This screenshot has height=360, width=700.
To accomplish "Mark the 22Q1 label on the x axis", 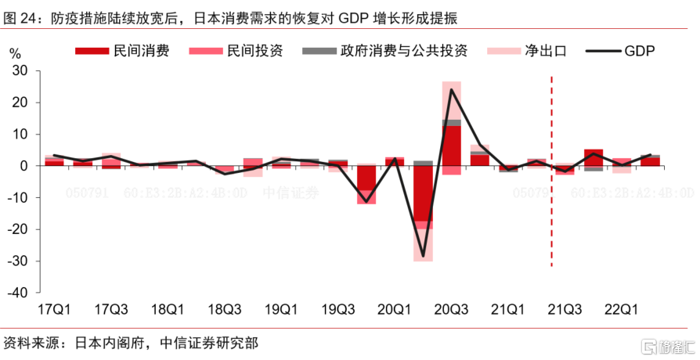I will click(x=622, y=309).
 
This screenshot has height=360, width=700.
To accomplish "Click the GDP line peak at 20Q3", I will click(x=451, y=89).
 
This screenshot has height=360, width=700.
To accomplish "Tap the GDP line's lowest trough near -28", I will click(x=423, y=256).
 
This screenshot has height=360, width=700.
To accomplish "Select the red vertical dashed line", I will click(x=553, y=196).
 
